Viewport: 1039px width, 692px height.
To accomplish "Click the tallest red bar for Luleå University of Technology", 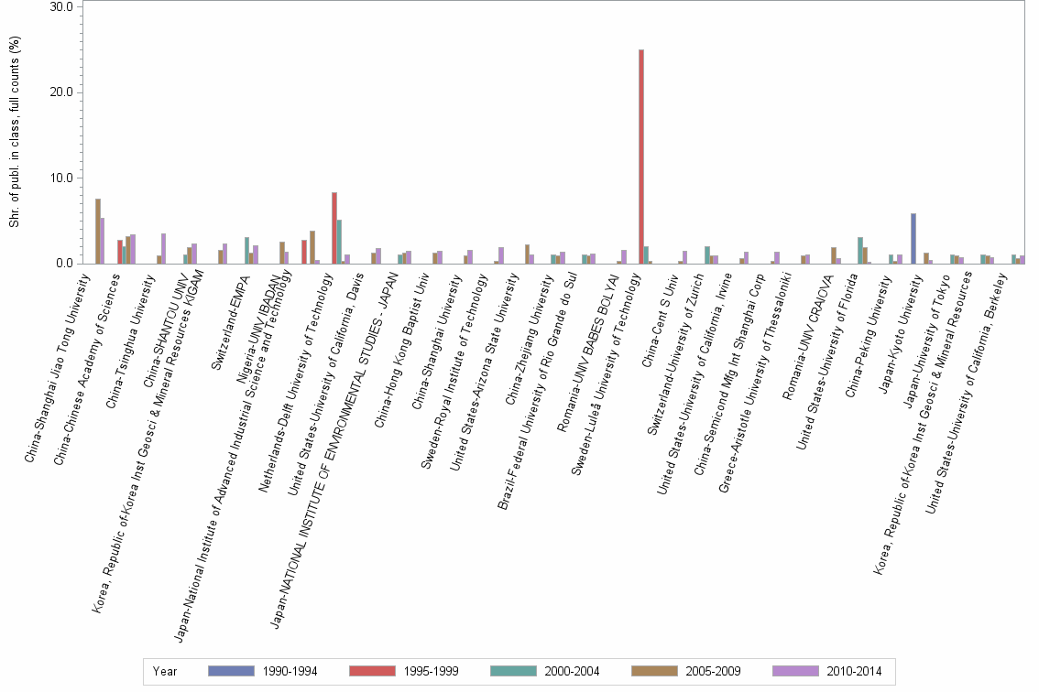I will [641, 157].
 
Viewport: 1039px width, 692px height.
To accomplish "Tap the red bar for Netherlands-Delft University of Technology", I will [334, 228].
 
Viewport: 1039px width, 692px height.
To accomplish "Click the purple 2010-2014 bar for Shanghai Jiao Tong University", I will [103, 241].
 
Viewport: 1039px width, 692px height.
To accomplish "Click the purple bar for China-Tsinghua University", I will [164, 249].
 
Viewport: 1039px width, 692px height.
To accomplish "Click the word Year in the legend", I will [166, 672].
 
